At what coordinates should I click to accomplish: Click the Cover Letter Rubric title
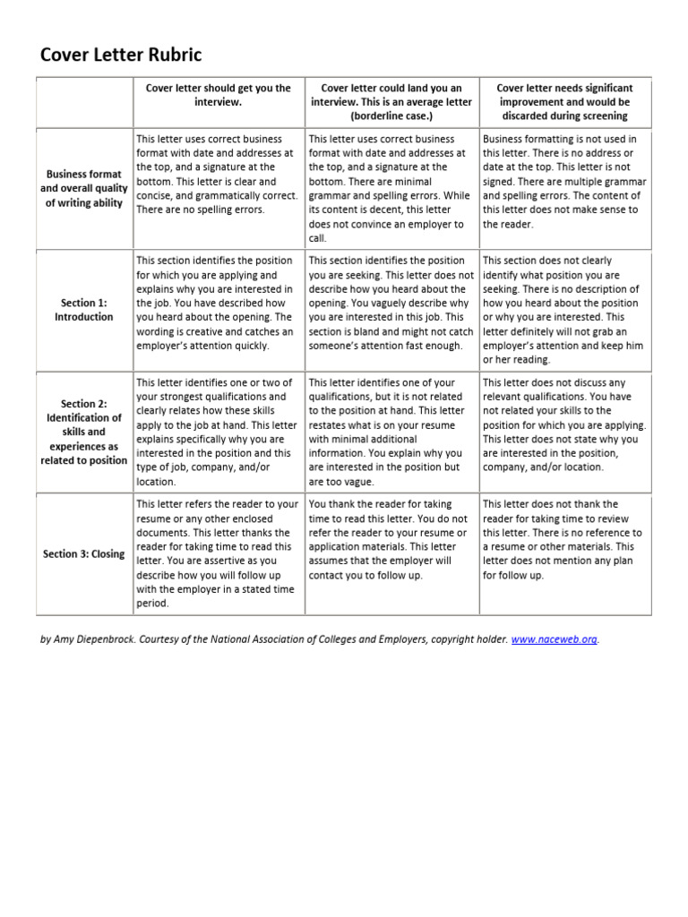[122, 56]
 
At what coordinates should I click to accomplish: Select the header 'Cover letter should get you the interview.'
[219, 95]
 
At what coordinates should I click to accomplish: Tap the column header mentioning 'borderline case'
[391, 102]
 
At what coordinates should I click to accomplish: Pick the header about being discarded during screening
[564, 102]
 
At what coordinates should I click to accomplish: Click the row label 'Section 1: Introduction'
[84, 310]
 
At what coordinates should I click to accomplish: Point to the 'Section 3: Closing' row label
[84, 553]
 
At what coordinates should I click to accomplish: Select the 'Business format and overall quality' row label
[84, 188]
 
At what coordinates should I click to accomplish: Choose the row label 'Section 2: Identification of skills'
[84, 432]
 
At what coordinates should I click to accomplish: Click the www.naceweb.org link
[554, 639]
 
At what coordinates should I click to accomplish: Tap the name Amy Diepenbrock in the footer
[82, 639]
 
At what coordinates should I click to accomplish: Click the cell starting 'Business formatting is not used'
[564, 181]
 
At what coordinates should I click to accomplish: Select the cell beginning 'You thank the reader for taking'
[391, 540]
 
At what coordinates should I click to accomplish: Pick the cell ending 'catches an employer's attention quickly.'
[219, 303]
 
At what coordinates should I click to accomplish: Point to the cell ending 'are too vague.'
[391, 432]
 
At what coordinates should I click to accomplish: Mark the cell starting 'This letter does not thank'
[564, 540]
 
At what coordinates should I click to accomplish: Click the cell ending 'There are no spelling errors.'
[219, 174]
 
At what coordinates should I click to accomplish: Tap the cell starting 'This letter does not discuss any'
[564, 424]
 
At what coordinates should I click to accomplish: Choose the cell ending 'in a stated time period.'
[219, 553]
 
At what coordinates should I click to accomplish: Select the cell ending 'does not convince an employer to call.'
[391, 188]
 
